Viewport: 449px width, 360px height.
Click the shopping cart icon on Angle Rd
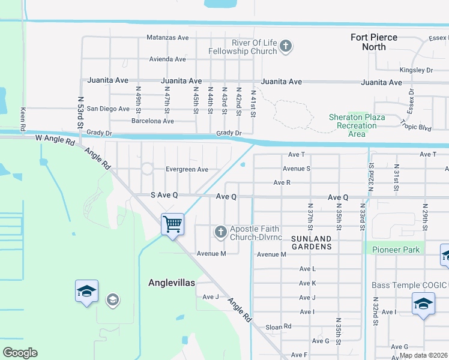pyautogui.click(x=172, y=225)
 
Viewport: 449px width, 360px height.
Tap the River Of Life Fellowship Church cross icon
pyautogui.click(x=286, y=46)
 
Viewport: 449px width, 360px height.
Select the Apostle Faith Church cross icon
pyautogui.click(x=221, y=232)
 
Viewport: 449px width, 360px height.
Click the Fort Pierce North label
pyautogui.click(x=374, y=42)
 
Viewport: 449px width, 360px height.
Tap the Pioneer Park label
pyautogui.click(x=396, y=249)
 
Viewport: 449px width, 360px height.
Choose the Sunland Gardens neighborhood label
pyautogui.click(x=311, y=242)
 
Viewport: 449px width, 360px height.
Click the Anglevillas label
pyautogui.click(x=172, y=283)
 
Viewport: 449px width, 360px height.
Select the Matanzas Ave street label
pyautogui.click(x=167, y=37)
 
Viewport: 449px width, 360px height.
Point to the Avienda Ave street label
pyautogui.click(x=167, y=59)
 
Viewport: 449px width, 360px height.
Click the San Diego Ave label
pyautogui.click(x=108, y=109)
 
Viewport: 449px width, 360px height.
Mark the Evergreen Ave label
pyautogui.click(x=187, y=169)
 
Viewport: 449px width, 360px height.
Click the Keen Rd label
pyautogui.click(x=23, y=120)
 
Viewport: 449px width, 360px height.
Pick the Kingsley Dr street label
pyautogui.click(x=416, y=70)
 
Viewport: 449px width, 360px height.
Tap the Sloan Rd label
pyautogui.click(x=279, y=326)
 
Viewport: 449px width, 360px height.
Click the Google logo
pyautogui.click(x=20, y=353)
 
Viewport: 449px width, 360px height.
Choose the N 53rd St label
pyautogui.click(x=80, y=113)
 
